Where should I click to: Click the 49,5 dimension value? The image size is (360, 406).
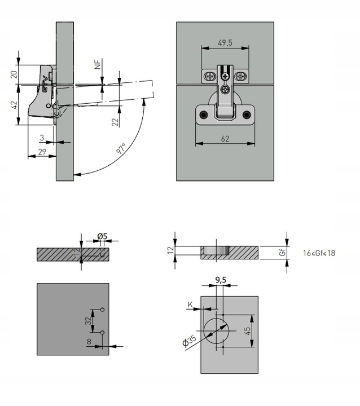tap(225, 43)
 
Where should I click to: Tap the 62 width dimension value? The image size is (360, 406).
tap(225, 139)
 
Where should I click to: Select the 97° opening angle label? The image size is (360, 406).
tap(121, 149)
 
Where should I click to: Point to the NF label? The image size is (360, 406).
tap(98, 64)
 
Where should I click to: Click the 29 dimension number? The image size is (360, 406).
tap(42, 152)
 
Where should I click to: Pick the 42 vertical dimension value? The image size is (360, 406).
tap(14, 105)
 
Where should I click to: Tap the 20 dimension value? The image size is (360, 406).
tap(14, 74)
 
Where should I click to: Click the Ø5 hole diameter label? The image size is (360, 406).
tap(102, 236)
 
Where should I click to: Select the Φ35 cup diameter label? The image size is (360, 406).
tap(189, 341)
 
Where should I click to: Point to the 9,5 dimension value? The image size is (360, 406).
tap(221, 280)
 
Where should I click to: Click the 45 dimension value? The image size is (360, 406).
tap(247, 330)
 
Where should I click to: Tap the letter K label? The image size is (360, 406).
tap(190, 304)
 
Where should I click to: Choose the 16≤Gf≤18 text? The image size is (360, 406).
tap(319, 253)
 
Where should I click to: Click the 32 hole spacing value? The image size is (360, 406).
tap(89, 321)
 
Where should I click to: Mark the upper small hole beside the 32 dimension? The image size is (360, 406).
tap(102, 310)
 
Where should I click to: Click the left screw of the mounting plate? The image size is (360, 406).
tap(210, 76)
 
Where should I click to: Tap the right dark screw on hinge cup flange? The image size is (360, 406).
tap(247, 114)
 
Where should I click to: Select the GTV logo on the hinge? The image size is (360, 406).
tap(45, 84)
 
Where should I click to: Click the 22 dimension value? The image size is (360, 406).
tap(115, 122)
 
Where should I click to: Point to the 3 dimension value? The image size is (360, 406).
tap(42, 138)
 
